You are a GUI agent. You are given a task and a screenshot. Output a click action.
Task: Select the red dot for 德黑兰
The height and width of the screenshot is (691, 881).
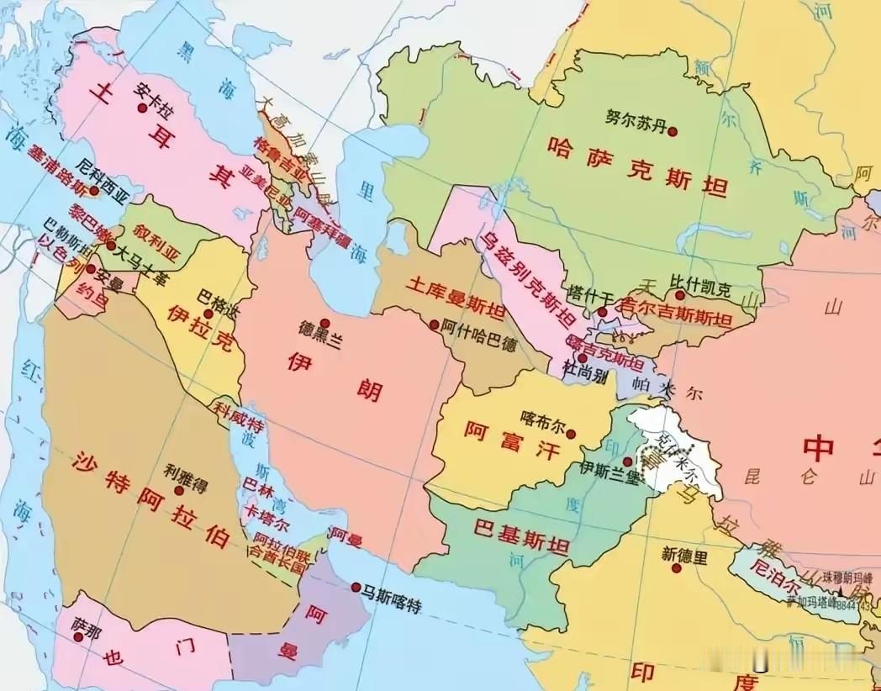pos(324,324)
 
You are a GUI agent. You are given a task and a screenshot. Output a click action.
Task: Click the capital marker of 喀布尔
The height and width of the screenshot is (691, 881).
pos(571,435)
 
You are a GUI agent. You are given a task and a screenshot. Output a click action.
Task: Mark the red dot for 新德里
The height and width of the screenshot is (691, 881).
pos(675,569)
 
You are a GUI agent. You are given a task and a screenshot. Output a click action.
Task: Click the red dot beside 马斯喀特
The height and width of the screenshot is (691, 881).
pos(357,587)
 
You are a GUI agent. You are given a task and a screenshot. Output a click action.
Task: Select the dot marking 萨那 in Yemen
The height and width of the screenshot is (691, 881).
pos(78,637)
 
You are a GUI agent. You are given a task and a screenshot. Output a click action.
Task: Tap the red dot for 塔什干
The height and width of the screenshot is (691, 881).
pos(602,312)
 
